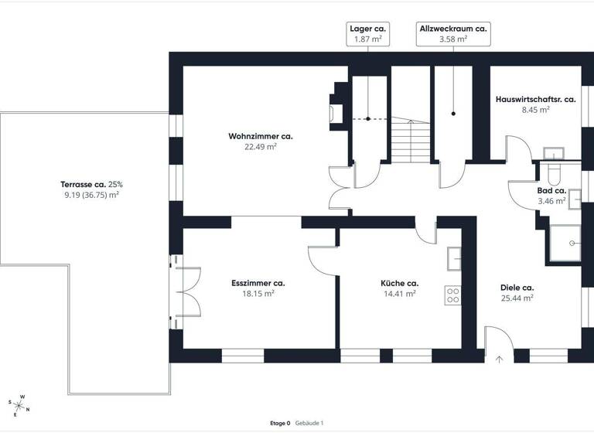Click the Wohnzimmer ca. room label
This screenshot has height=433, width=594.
click(x=260, y=136)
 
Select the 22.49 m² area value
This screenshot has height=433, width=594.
click(x=260, y=146)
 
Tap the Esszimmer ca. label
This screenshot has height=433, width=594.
click(x=258, y=283)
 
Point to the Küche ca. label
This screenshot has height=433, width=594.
click(x=399, y=283)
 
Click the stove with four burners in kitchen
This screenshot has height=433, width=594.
click(x=452, y=294)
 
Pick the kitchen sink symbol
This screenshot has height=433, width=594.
click(x=454, y=257)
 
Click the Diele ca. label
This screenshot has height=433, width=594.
click(x=517, y=288)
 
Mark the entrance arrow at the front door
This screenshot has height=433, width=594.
click(x=499, y=358)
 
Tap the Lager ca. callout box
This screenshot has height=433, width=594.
click(x=367, y=33)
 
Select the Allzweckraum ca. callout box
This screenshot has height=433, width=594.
click(x=452, y=33)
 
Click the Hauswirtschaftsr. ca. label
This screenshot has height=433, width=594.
click(x=535, y=100)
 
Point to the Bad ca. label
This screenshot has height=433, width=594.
click(x=551, y=190)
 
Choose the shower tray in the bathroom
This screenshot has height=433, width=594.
click(x=563, y=243)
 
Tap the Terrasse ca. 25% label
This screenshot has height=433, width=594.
click(x=91, y=185)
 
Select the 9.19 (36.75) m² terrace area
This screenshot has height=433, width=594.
click(x=91, y=195)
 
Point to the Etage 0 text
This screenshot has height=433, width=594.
click(x=279, y=423)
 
